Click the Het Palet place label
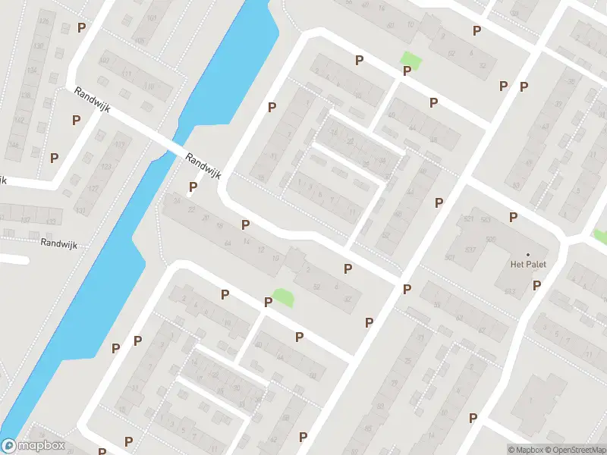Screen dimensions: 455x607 pyautogui.click(x=529, y=265)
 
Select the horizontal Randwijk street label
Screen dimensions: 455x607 pyautogui.click(x=60, y=244)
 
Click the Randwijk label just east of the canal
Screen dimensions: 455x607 pyautogui.click(x=203, y=165)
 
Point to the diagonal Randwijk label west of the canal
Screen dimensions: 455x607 pyautogui.click(x=93, y=99)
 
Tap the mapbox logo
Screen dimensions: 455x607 pyautogui.click(x=33, y=447)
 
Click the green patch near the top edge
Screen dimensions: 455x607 pyautogui.click(x=410, y=58)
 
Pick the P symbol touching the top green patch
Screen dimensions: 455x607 pyautogui.click(x=407, y=71)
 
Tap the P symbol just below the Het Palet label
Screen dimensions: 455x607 pyautogui.click(x=536, y=286)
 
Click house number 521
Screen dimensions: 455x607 pyautogui.click(x=468, y=220)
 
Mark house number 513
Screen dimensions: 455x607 pyautogui.click(x=509, y=292)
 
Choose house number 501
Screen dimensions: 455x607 pyautogui.click(x=449, y=258)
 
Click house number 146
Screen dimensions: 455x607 pyautogui.click(x=13, y=143)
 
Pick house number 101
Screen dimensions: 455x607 pyautogui.click(x=153, y=17)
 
